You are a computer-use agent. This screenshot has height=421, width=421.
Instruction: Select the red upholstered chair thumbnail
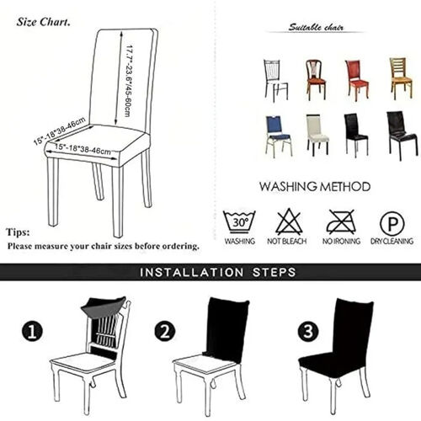(357, 79)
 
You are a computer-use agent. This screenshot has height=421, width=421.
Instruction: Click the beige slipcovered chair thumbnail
(317, 134)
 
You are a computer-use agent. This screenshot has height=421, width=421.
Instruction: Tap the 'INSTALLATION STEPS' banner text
(216, 273)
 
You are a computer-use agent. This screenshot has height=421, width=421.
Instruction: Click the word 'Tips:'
(18, 232)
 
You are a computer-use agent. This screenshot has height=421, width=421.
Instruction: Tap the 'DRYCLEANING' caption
(391, 242)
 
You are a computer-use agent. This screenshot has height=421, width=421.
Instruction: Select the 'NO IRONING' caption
(340, 242)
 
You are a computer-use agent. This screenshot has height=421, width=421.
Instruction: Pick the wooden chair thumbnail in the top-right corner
(400, 78)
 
